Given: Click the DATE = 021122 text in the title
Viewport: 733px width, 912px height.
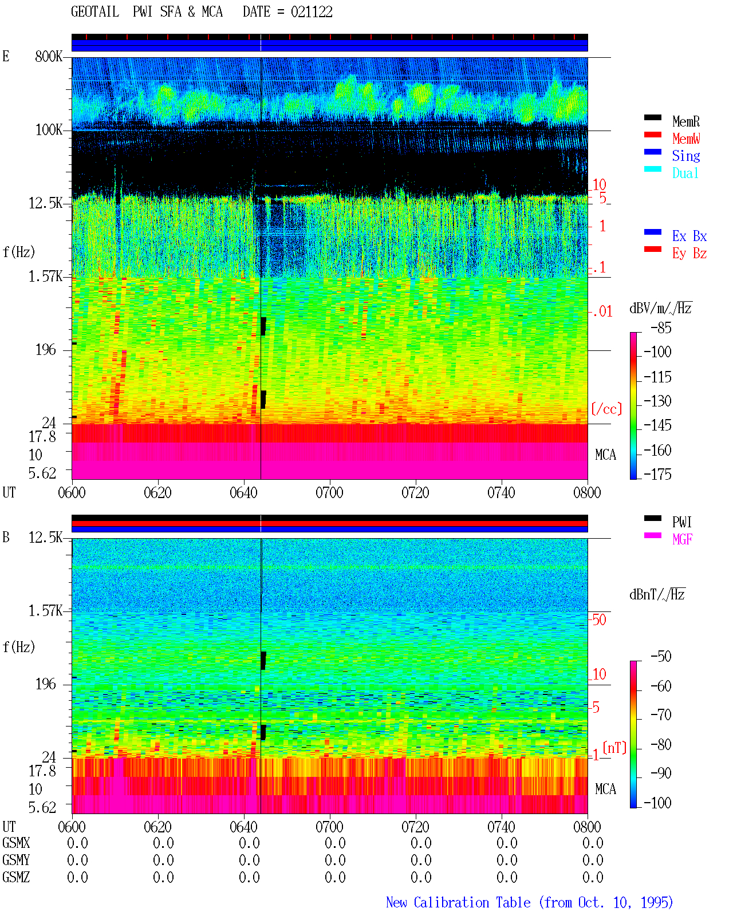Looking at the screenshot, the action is [287, 11].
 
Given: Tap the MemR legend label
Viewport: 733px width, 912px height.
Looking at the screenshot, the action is [685, 121].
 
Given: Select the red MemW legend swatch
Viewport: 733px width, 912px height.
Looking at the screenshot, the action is [652, 135].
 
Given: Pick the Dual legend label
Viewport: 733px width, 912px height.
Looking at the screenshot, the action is [685, 173].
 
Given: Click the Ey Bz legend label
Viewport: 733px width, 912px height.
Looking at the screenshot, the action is [689, 253].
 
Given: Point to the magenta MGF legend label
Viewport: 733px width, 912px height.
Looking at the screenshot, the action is [682, 539].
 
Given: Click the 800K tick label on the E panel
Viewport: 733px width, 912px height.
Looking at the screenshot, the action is [48, 56].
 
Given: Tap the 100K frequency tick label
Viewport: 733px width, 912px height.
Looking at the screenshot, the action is [48, 130].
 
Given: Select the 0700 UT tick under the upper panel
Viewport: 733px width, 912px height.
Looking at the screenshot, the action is [329, 492].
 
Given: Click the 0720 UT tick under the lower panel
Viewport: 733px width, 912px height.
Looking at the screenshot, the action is [416, 826].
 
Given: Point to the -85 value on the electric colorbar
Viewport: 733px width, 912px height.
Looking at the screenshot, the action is [661, 327].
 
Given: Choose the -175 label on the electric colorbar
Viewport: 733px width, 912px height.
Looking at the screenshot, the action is [657, 474].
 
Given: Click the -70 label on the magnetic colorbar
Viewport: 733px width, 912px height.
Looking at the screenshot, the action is [661, 714].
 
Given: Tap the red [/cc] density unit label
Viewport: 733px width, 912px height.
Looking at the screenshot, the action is [606, 409].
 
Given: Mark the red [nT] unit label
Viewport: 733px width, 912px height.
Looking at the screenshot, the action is [614, 748].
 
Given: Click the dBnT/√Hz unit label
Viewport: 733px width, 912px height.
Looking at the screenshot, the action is [657, 595].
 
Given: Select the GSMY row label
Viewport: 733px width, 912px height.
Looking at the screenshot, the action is [16, 860].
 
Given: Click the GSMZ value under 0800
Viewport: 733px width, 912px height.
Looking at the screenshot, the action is [593, 877].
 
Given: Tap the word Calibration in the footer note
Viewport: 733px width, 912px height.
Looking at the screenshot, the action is [472, 902].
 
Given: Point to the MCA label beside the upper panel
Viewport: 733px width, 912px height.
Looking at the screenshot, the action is [605, 455].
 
